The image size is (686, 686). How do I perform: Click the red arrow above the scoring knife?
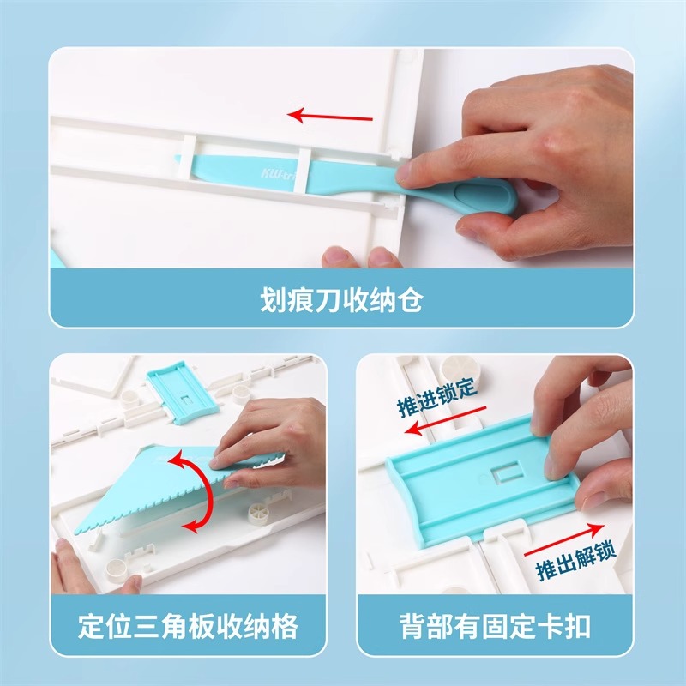click(330, 116)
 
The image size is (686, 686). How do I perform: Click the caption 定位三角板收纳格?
click(187, 625)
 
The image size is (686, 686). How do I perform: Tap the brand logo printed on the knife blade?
click(274, 171)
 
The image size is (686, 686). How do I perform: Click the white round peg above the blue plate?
click(462, 376)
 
